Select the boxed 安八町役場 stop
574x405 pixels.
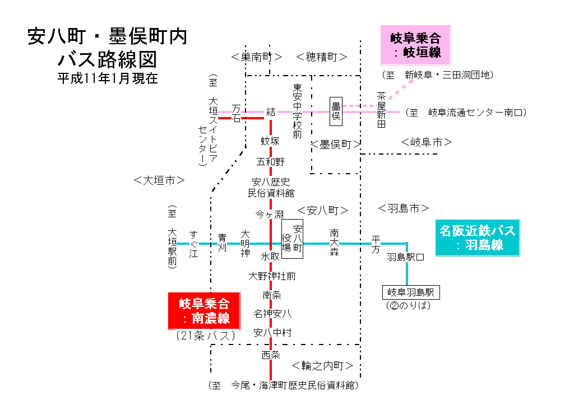pos(292,238)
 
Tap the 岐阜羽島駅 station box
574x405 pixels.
pos(411,292)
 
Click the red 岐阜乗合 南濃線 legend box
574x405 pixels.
pos(204,311)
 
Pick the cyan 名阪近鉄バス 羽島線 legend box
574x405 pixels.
pos(478,238)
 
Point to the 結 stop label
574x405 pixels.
pos(271,111)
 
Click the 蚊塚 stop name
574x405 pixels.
pos(270,141)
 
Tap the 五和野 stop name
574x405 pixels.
pos(271,162)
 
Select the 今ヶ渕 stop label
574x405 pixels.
pos(270,214)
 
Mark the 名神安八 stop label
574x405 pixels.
pos(272,313)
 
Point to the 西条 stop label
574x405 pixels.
pos(271,355)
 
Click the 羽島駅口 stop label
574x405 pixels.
pos(405,258)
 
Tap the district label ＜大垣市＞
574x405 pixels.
pos(159,180)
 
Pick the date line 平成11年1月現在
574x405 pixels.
pos(108,78)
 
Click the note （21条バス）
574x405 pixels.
pos(205,336)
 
